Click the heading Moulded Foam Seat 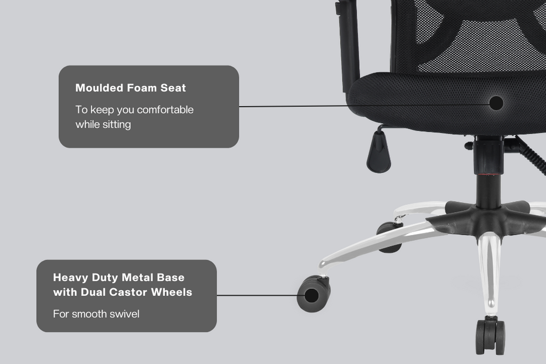click(131, 88)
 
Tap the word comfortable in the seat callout click(165, 110)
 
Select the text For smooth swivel click(96, 314)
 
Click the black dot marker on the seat click(496, 103)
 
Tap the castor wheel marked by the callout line click(314, 295)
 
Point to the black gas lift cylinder click(487, 181)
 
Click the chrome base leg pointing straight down click(489, 272)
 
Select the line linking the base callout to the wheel click(256, 295)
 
